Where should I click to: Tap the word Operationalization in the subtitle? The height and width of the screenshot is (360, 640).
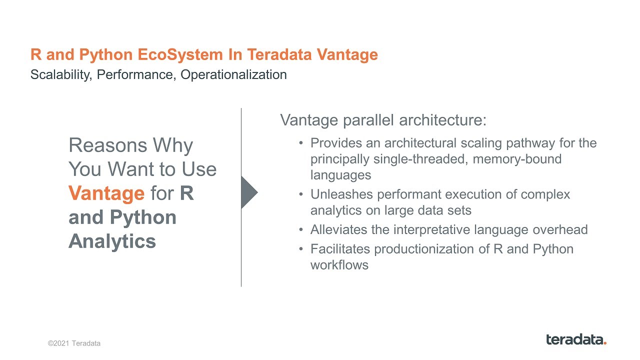[233, 75]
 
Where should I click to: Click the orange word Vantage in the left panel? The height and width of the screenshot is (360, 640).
[106, 193]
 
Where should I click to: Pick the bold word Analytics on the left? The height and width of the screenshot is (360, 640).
[112, 241]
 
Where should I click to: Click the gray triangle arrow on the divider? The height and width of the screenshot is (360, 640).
[248, 192]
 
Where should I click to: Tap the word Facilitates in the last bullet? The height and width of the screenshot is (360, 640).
[340, 249]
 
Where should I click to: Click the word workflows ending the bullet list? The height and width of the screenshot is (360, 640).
[339, 265]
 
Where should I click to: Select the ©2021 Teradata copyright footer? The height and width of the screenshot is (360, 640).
[74, 343]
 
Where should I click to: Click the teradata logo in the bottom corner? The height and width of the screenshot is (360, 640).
[576, 339]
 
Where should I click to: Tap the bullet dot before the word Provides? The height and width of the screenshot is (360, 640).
[301, 143]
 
